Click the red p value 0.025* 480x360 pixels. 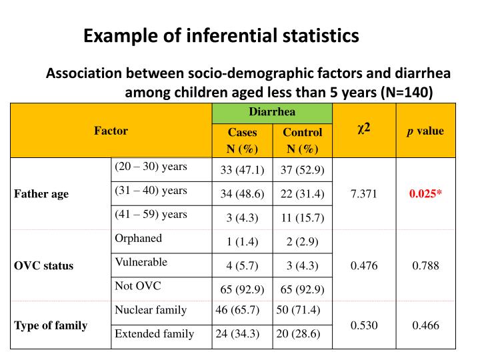click(x=425, y=194)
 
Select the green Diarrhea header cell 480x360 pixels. click(x=272, y=111)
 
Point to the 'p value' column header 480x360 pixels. click(x=425, y=131)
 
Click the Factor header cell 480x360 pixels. click(x=111, y=131)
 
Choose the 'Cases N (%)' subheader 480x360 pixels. click(x=242, y=140)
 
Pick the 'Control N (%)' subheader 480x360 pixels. click(x=302, y=140)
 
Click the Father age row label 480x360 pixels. click(x=41, y=194)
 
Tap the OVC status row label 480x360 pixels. click(x=44, y=265)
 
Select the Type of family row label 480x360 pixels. click(x=51, y=325)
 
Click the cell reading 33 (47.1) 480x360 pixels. click(x=242, y=170)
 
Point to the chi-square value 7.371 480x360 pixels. click(x=363, y=194)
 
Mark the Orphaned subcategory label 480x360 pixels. click(x=139, y=238)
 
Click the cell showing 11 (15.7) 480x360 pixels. click(x=302, y=218)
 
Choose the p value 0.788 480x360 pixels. click(x=425, y=265)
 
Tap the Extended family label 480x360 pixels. click(x=155, y=333)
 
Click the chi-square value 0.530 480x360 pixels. click(x=363, y=325)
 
